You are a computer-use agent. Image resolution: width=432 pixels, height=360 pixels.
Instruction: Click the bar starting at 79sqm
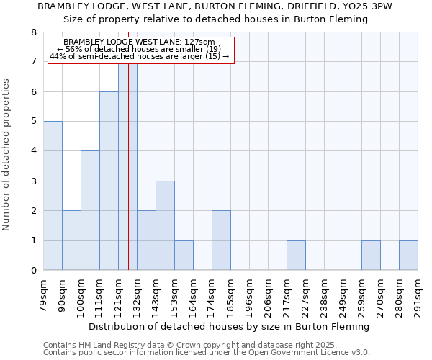click(53, 196)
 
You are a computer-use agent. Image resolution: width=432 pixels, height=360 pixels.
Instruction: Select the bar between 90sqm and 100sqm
click(71, 240)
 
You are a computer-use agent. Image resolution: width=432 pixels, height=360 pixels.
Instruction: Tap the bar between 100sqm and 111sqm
click(90, 210)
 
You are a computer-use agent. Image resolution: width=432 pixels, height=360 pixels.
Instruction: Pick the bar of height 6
click(109, 181)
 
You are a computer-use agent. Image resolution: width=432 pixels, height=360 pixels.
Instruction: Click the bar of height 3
click(165, 225)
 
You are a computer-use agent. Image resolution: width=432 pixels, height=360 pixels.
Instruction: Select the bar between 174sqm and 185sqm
click(221, 240)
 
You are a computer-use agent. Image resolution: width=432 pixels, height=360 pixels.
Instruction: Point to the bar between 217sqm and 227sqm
click(296, 256)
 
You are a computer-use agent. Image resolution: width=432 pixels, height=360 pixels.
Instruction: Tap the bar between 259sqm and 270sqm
click(371, 256)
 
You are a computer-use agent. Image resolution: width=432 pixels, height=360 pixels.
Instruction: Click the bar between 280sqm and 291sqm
click(408, 256)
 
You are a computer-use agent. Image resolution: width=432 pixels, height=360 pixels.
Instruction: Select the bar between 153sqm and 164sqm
click(184, 256)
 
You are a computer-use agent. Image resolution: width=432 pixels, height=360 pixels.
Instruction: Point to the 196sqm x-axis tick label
click(248, 296)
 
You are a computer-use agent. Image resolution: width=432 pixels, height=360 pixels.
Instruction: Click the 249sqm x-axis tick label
click(342, 296)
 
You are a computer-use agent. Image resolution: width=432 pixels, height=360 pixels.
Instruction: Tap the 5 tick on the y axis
click(32, 121)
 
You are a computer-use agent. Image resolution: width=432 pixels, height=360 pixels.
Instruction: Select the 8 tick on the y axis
click(32, 32)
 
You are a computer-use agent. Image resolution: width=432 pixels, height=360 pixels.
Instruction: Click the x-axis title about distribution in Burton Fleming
click(230, 326)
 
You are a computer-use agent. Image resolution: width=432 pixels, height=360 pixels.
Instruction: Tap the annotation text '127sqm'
click(200, 42)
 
